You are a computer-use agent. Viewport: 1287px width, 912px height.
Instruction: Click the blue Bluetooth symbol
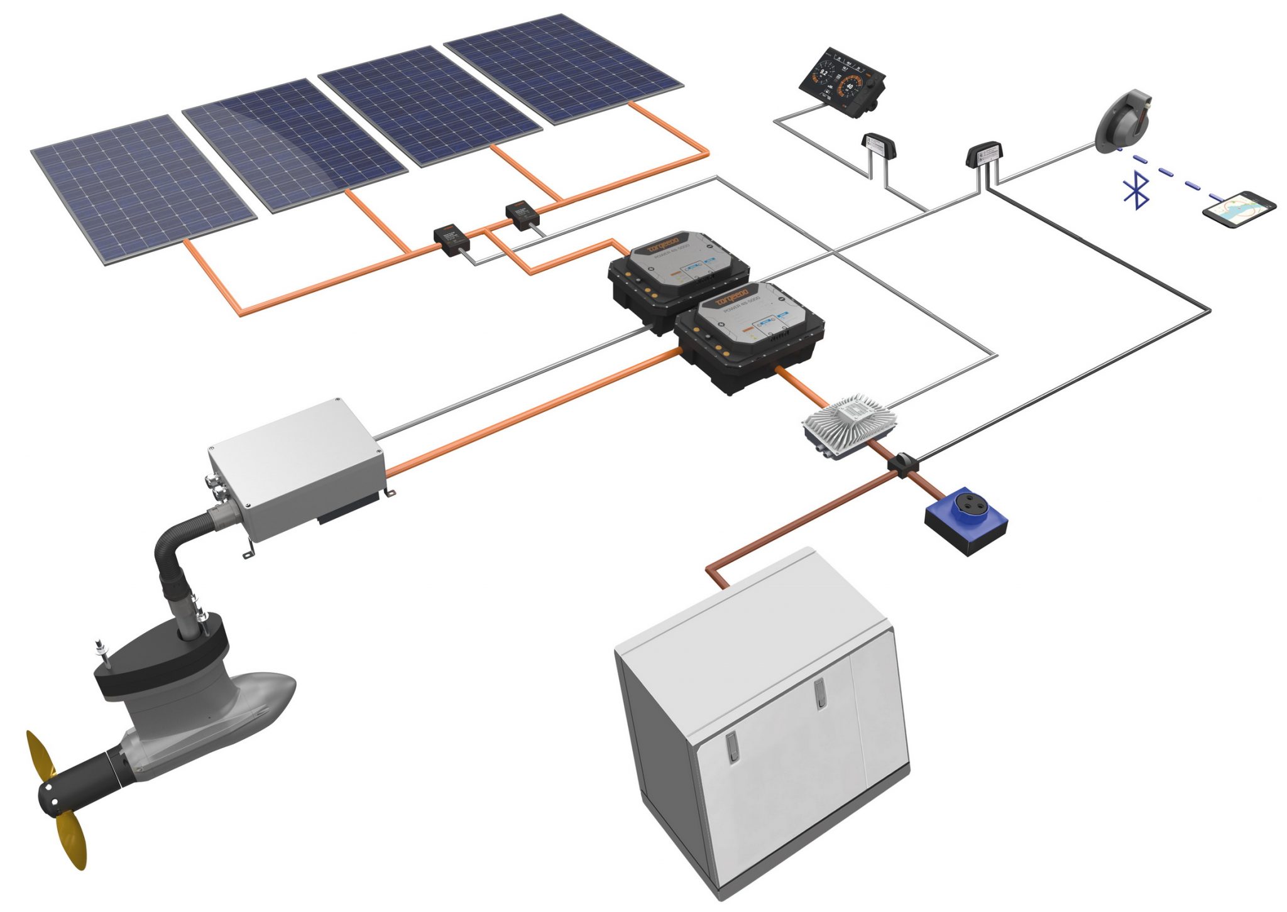click(1136, 192)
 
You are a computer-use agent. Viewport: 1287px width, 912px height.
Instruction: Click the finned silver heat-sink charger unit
click(850, 425)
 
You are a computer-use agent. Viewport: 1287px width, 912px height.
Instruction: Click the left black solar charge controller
click(452, 239)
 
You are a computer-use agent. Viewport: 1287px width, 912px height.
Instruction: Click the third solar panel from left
click(429, 105)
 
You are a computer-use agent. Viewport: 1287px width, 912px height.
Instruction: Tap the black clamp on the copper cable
click(903, 464)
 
